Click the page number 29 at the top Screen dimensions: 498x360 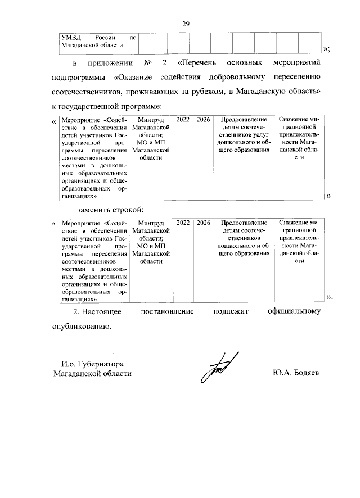[x=186, y=23]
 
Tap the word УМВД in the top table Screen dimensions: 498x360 [x=70, y=37]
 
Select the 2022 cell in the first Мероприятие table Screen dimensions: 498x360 [x=183, y=120]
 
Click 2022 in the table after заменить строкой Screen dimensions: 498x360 [x=183, y=223]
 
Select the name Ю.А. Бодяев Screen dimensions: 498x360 [x=294, y=374]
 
